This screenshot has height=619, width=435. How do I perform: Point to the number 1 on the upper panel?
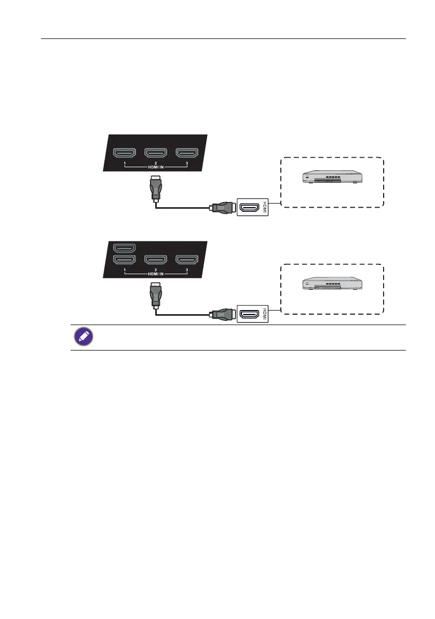125,164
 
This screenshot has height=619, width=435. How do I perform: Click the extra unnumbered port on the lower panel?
125,248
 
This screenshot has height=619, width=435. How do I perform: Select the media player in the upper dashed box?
332,177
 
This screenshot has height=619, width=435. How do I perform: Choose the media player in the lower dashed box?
332,284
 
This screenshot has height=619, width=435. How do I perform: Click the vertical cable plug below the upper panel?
155,187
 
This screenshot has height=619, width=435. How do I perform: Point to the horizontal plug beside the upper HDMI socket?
222,209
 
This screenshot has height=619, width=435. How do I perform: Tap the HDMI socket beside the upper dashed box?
251,208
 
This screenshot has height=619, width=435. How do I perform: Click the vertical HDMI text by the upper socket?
265,208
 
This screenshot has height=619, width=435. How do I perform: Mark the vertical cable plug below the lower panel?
155,294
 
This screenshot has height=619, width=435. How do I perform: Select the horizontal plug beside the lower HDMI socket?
222,314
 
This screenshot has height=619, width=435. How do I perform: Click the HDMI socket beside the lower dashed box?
251,314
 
